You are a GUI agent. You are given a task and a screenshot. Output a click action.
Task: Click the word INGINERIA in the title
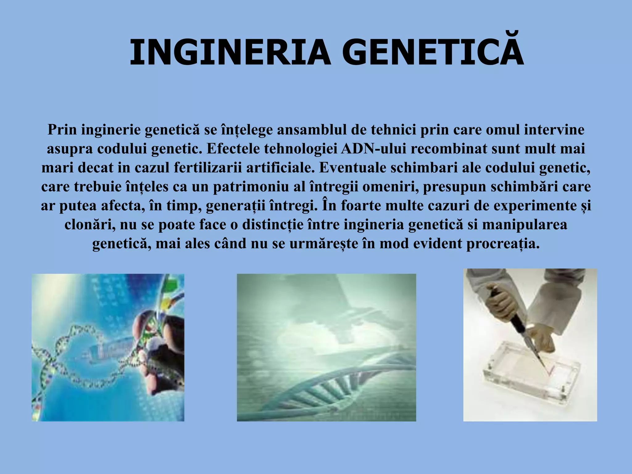pyautogui.click(x=230, y=52)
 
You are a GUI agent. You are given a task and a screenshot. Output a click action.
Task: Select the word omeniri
pyautogui.click(x=390, y=187)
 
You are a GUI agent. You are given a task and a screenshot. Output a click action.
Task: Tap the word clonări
pyautogui.click(x=90, y=225)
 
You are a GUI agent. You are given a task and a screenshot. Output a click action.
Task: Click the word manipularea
pyautogui.click(x=525, y=225)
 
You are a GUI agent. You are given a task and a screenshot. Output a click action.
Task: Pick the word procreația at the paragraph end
pyautogui.click(x=503, y=244)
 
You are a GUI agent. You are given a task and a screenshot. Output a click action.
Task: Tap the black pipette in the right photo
pyautogui.click(x=518, y=327)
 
